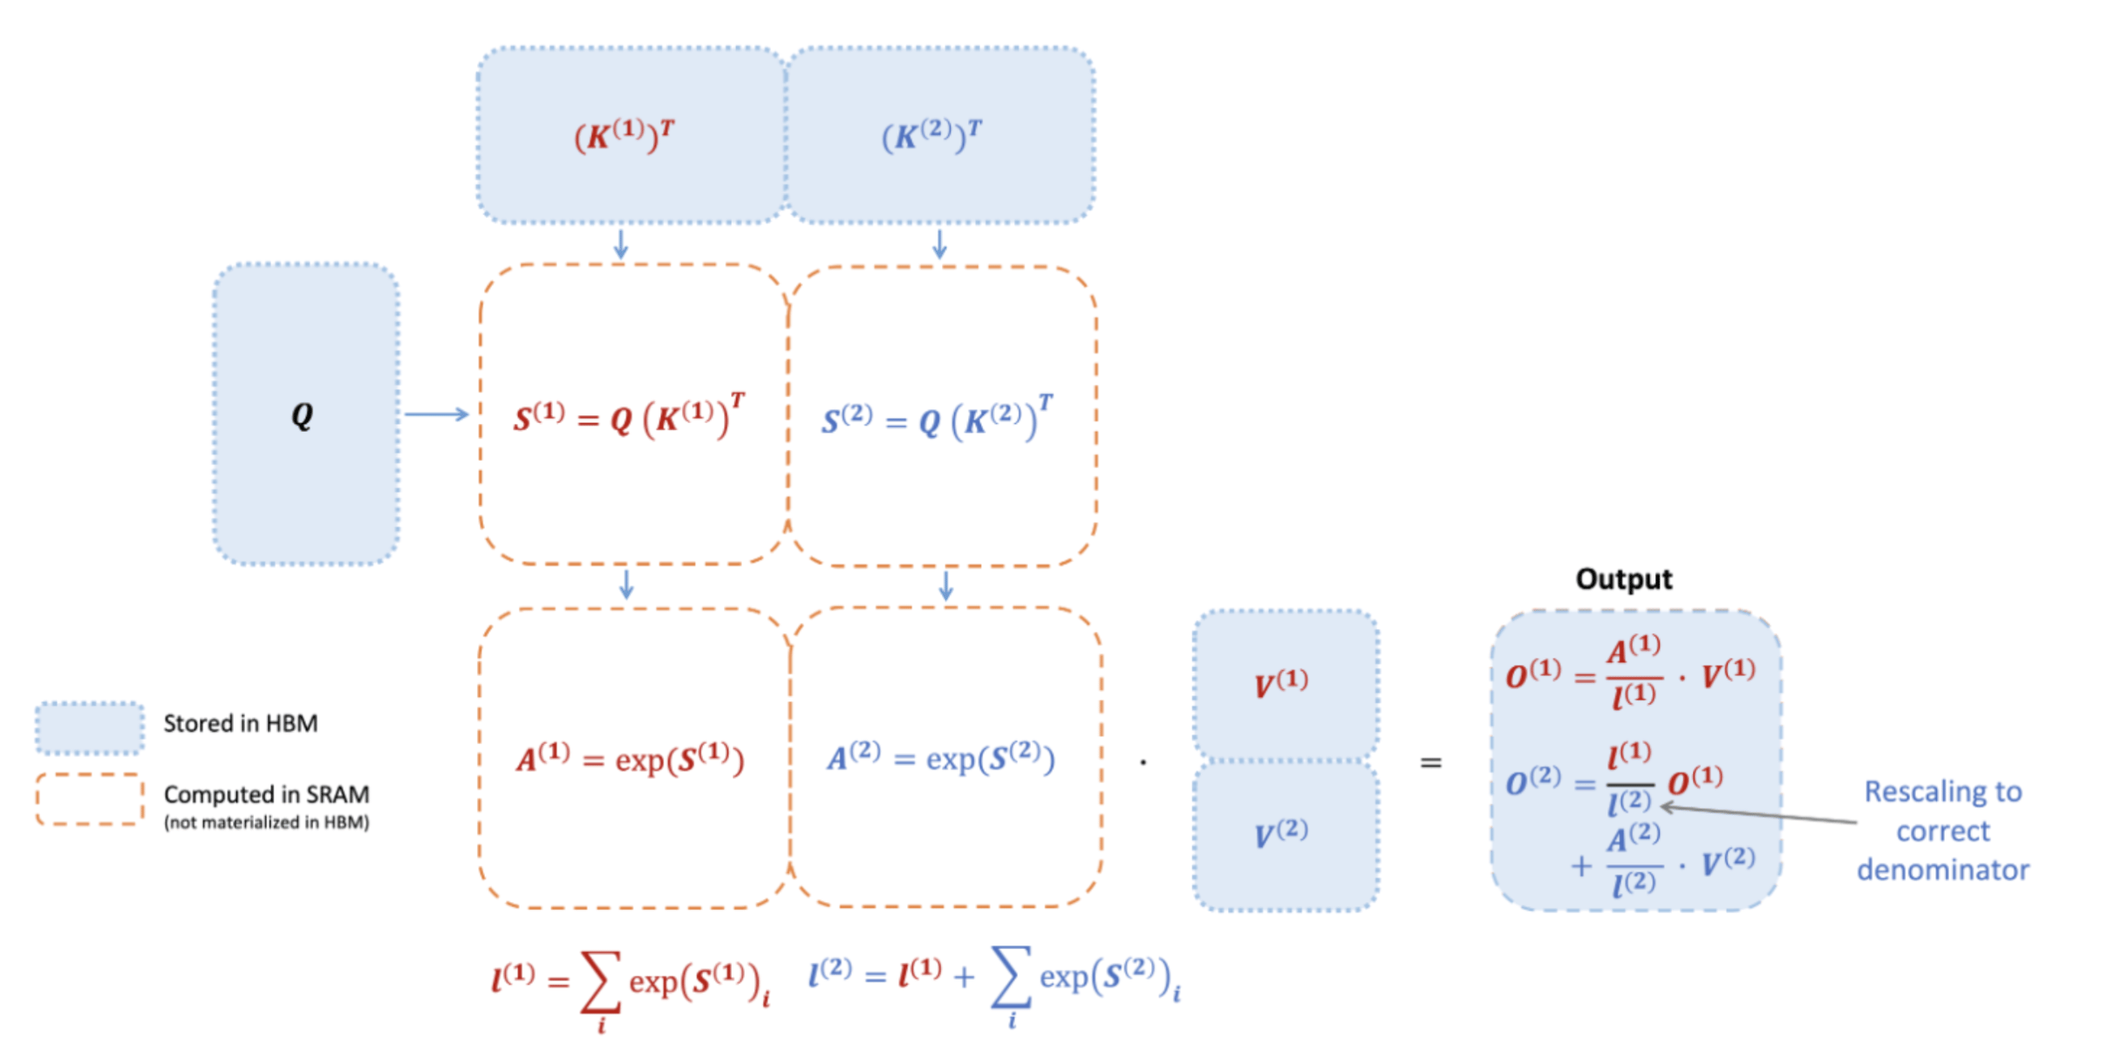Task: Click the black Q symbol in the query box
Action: coord(302,415)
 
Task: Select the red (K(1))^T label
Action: coord(624,135)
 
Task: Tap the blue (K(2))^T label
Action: coord(931,135)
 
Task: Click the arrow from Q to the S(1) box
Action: coord(437,413)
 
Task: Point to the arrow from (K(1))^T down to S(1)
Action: coord(621,244)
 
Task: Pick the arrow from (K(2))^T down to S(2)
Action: coord(939,244)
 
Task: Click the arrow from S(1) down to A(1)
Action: coord(626,584)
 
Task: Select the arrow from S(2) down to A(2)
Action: coord(946,584)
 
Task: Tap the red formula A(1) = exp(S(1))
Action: coord(630,758)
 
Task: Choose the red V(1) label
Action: coord(1281,682)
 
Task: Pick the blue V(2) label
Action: coord(1281,833)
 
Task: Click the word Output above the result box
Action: coord(1624,579)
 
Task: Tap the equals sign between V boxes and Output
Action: coord(1431,763)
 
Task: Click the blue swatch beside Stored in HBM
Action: coord(90,727)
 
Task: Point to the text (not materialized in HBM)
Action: coord(267,823)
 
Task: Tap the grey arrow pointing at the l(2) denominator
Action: coord(1758,815)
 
